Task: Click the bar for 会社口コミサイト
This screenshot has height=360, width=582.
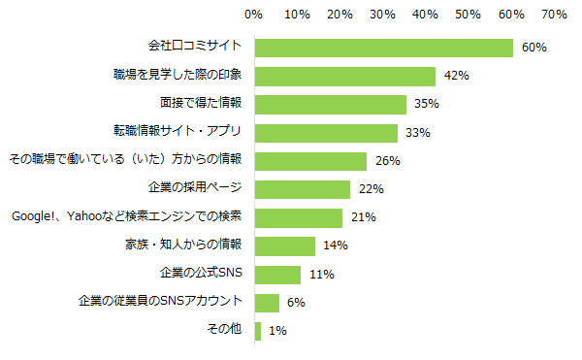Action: (383, 48)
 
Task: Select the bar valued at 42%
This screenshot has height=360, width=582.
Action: (344, 76)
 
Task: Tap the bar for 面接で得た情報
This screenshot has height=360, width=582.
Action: (330, 104)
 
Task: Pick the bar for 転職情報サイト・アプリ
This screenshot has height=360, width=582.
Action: (326, 133)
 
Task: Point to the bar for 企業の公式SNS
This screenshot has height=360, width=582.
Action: (277, 275)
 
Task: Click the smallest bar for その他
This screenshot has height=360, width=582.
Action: (257, 331)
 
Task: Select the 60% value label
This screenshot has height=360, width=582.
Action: (534, 48)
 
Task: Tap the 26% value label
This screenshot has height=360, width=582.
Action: (388, 161)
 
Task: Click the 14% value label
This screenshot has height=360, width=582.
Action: (336, 245)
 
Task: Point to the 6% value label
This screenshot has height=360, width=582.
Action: (296, 303)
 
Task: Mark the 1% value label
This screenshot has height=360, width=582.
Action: (276, 331)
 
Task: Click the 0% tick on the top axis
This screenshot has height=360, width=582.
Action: (254, 15)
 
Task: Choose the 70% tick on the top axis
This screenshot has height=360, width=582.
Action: (554, 15)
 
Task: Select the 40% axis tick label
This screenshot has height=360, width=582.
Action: (425, 15)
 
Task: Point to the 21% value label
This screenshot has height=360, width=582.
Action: (364, 217)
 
